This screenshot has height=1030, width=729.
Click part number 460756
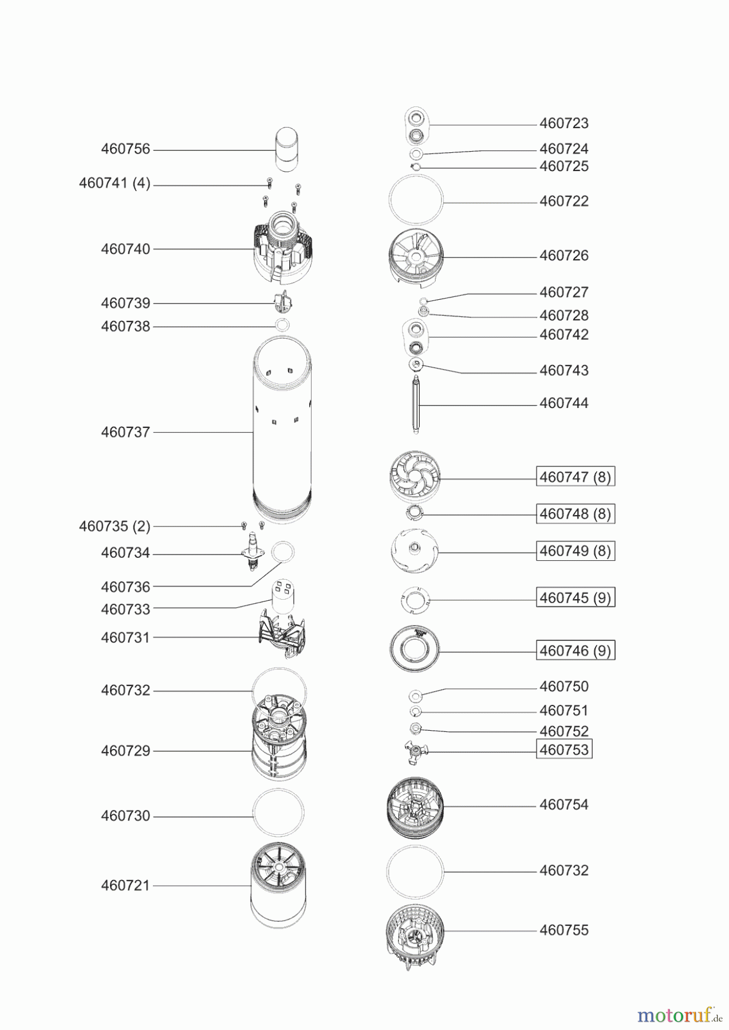[125, 149]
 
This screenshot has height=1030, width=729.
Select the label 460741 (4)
[115, 183]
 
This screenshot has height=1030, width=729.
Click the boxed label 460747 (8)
[575, 477]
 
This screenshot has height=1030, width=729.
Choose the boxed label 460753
[564, 750]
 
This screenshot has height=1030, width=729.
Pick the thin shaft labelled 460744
[416, 405]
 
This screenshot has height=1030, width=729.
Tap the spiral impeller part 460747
[415, 476]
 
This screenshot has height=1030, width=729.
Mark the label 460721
[125, 885]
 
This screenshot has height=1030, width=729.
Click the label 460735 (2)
[115, 526]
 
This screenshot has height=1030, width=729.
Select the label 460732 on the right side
[564, 870]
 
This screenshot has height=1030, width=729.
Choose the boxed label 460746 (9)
[575, 651]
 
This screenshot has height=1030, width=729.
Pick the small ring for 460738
[282, 326]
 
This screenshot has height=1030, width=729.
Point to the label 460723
[564, 123]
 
